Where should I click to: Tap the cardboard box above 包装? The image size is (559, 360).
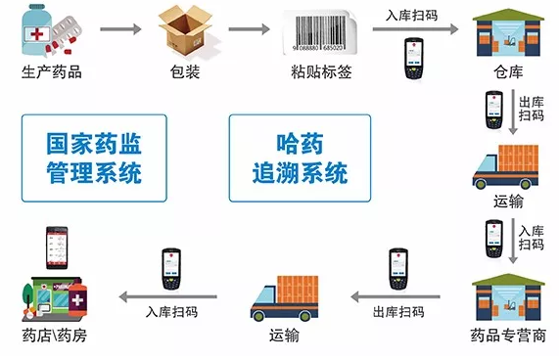click(x=186, y=35)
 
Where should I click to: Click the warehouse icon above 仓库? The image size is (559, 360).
click(x=506, y=38)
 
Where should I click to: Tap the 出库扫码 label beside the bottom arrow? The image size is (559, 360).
click(x=397, y=312)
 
